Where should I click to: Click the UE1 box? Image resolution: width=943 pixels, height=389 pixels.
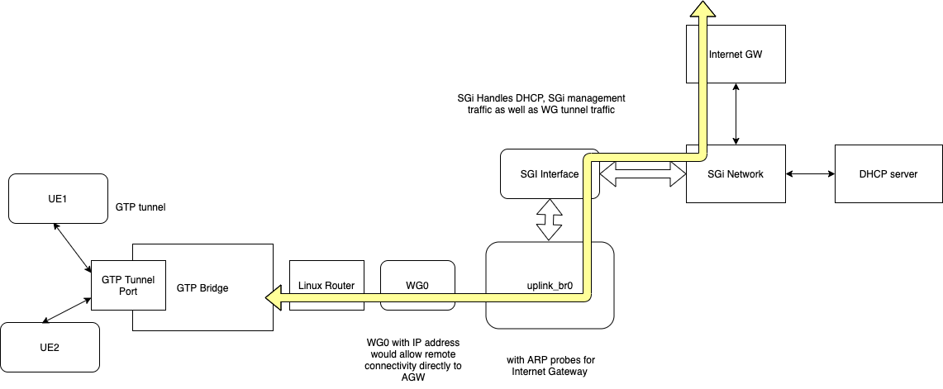(57, 198)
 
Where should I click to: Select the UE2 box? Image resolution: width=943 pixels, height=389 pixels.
(50, 347)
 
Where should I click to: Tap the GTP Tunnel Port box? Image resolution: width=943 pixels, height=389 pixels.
(128, 285)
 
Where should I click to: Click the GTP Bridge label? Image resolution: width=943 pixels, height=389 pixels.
(202, 288)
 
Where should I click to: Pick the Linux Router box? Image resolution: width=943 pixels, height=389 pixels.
(326, 286)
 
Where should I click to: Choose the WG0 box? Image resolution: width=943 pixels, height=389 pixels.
(417, 286)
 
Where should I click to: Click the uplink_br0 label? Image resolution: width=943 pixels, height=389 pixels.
(550, 287)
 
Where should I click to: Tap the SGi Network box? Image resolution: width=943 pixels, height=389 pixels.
(736, 174)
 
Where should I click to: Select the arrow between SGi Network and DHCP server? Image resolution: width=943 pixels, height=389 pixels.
(810, 174)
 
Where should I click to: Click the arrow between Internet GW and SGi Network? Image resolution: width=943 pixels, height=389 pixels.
(736, 114)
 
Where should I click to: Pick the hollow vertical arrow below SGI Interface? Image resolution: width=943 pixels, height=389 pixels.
(550, 220)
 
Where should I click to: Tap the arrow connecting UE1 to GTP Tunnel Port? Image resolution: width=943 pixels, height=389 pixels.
(72, 247)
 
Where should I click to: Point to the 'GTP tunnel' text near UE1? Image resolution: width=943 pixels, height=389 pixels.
(140, 207)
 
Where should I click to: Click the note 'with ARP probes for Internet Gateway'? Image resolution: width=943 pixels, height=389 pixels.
(550, 366)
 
